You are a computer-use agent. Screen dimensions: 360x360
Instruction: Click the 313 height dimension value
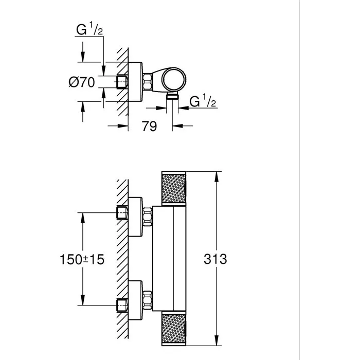pos(214,259)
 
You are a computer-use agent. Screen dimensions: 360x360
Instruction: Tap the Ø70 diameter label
pos(81,82)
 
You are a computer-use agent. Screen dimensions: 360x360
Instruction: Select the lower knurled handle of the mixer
pos(176,328)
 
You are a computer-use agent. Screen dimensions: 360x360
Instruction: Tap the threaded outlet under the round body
pos(173,96)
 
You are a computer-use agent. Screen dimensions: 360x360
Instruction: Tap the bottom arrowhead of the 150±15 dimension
pos(82,303)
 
